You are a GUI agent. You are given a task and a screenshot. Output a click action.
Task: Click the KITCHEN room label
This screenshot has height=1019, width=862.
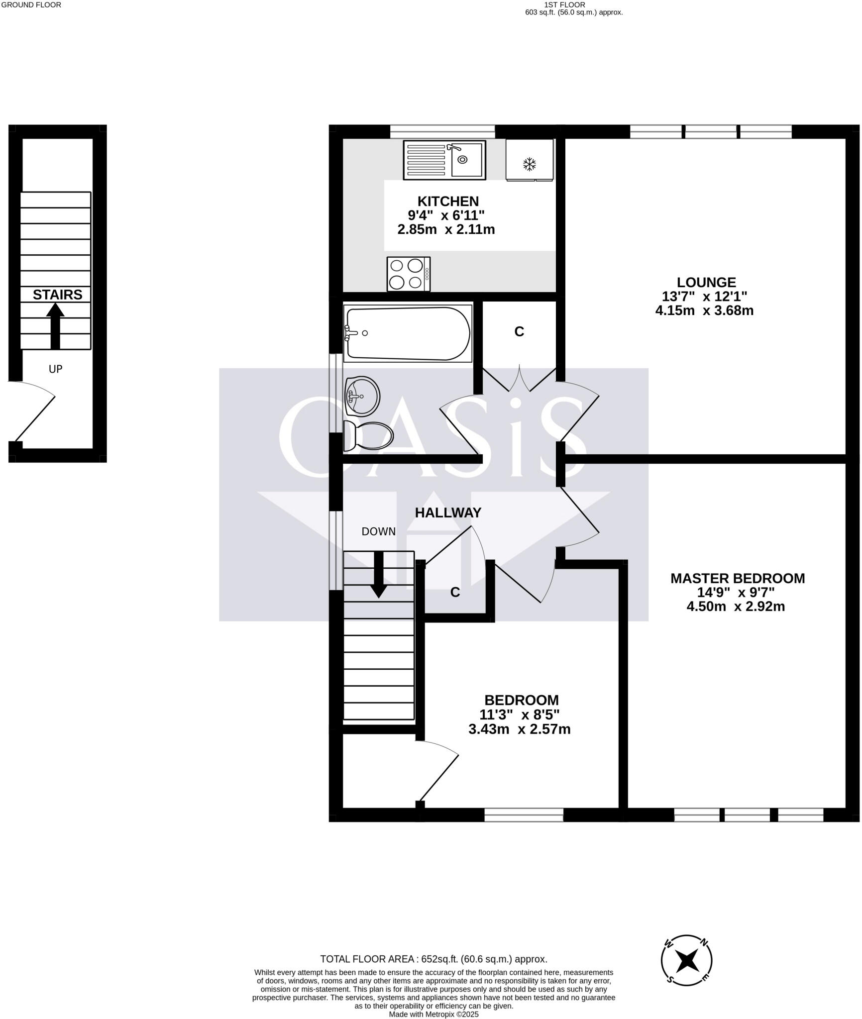[x=447, y=201]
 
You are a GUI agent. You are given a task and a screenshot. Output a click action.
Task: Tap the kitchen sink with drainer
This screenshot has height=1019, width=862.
[x=444, y=160]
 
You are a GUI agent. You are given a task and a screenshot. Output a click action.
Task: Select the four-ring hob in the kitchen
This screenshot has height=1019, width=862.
[x=409, y=274]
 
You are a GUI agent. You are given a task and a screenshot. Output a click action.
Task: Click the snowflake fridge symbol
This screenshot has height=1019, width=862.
[x=529, y=164]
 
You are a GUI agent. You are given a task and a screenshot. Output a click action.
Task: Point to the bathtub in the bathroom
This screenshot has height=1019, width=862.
[x=408, y=333]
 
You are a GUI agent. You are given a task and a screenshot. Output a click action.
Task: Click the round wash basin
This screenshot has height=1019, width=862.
[x=362, y=396]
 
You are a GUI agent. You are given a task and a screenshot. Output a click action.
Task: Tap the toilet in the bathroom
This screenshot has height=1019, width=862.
[x=369, y=436]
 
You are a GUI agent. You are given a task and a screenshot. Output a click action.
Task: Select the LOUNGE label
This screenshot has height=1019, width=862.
[x=706, y=282]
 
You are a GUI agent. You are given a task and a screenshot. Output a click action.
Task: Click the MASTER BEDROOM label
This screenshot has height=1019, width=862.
[x=737, y=578]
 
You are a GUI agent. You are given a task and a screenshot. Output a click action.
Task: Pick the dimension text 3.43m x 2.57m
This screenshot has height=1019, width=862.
[x=519, y=729]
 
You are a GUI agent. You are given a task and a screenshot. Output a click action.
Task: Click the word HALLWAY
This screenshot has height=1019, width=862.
[x=448, y=512]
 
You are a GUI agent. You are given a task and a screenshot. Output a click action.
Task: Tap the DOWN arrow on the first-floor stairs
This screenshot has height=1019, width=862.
[x=379, y=575]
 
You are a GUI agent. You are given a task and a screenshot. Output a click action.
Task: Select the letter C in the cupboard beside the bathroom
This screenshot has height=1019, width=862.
[x=519, y=331]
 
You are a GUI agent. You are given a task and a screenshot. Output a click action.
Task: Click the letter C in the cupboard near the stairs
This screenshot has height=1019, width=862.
[x=454, y=592]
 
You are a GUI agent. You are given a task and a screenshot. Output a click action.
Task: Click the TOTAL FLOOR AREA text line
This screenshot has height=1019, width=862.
[x=433, y=959]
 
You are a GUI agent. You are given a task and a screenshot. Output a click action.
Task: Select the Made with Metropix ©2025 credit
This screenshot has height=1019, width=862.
[x=433, y=1014]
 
